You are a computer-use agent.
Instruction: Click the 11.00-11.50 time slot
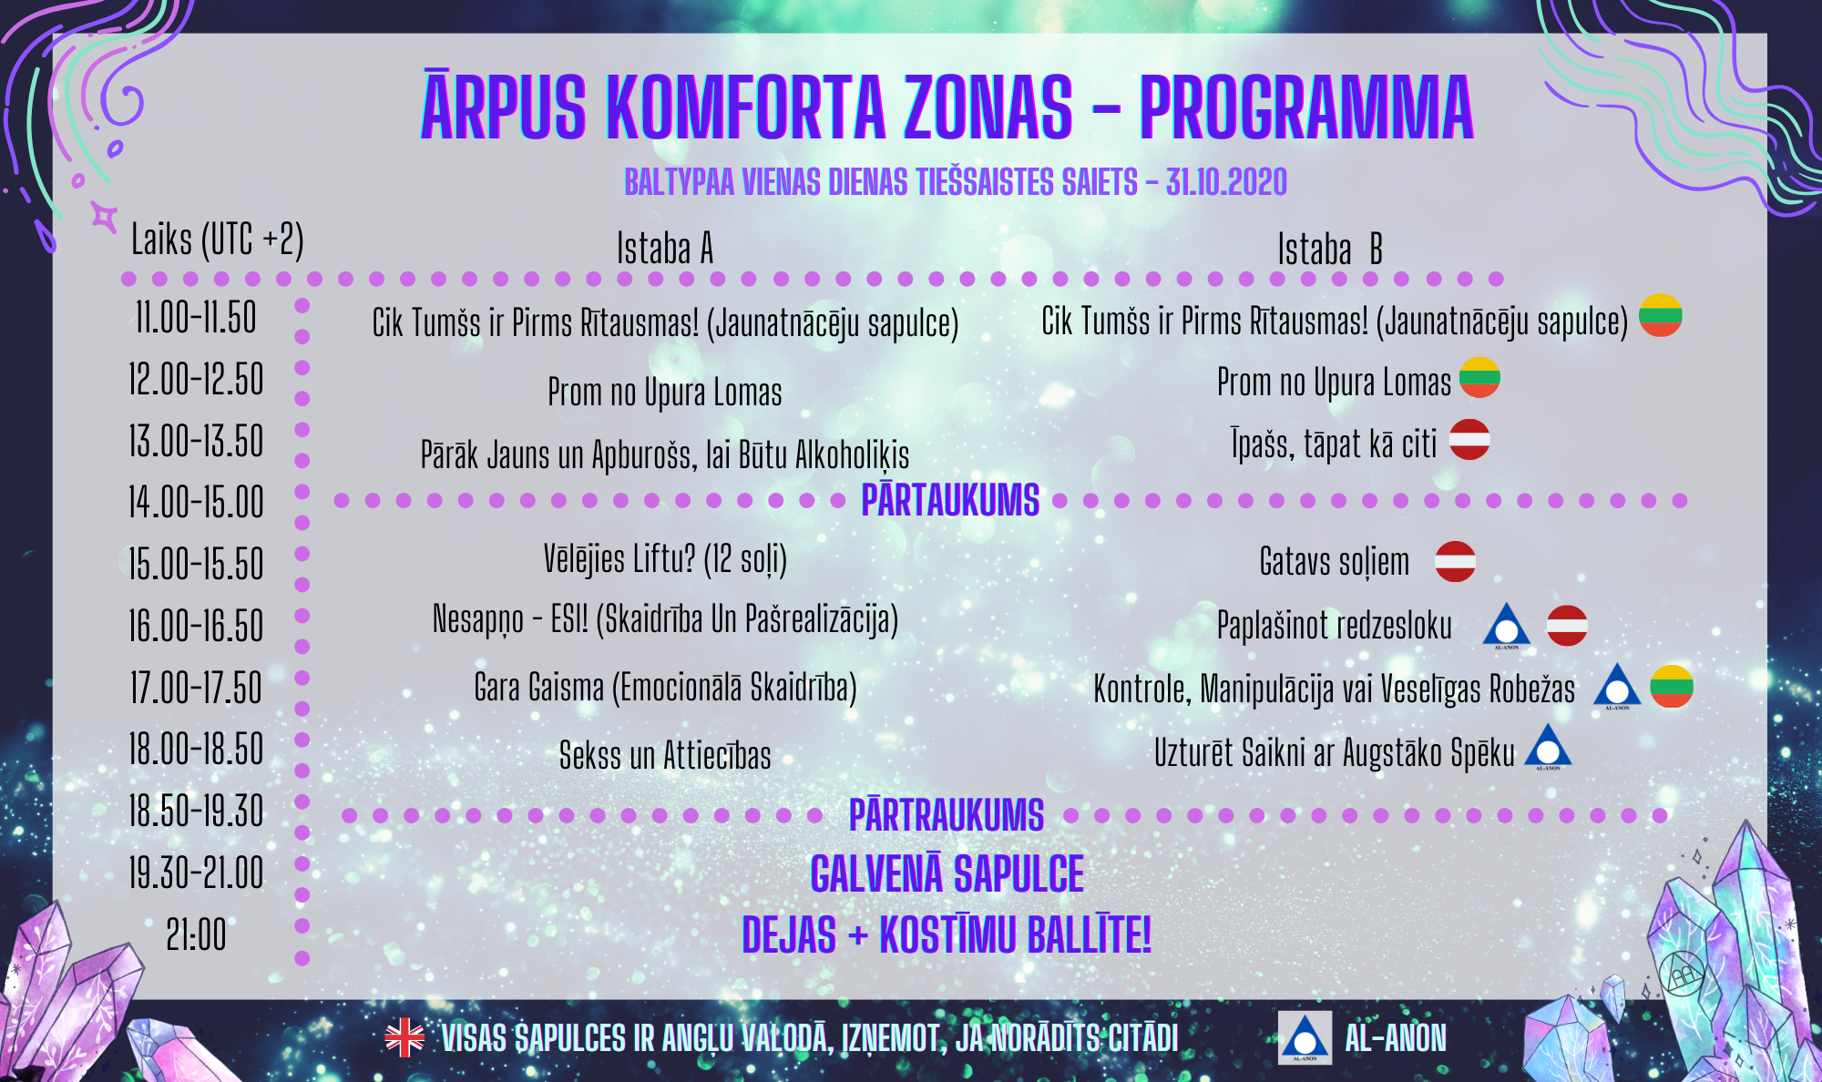point(196,318)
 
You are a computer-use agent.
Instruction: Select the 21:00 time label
point(196,934)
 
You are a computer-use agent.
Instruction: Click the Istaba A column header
point(665,248)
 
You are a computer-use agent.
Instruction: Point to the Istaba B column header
point(1330,249)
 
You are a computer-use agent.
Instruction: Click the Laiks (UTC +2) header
point(218,240)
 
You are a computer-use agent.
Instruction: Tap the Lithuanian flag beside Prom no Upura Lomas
point(1479,377)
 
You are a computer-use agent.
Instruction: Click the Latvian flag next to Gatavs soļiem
point(1456,561)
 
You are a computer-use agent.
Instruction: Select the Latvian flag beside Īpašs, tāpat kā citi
point(1469,439)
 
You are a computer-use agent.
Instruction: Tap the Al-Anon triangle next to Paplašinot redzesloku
point(1507,626)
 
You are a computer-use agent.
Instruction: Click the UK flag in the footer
point(404,1037)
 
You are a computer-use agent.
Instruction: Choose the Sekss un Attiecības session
point(665,756)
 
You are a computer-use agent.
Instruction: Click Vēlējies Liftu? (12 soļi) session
point(665,559)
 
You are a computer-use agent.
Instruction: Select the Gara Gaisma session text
point(665,688)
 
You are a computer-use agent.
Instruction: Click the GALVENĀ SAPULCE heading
point(947,874)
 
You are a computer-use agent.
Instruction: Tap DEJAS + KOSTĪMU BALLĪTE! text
point(947,935)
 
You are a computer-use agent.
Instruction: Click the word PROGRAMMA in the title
point(1306,108)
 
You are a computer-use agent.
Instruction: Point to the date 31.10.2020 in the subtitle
point(1227,182)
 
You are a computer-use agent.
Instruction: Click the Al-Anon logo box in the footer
point(1305,1037)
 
